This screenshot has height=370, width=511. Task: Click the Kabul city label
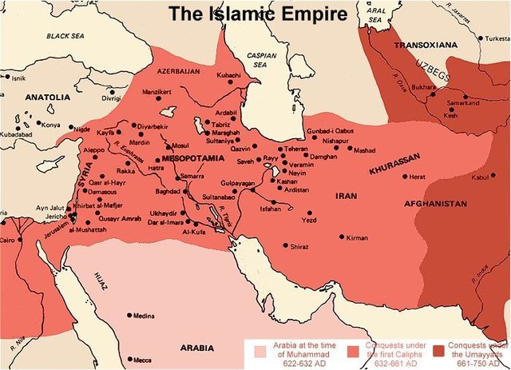(479, 178)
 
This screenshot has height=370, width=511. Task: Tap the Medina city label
(145, 316)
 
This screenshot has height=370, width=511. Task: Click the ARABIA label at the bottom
(196, 348)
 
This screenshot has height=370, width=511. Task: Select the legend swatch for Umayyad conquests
(438, 351)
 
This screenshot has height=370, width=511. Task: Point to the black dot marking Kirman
(343, 237)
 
